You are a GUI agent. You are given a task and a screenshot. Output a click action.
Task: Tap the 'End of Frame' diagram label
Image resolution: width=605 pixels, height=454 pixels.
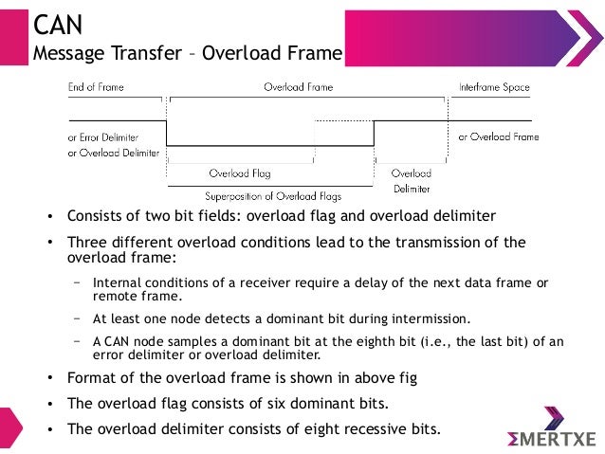coord(96,87)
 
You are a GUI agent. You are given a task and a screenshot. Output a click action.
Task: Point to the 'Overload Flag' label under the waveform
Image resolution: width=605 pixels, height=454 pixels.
coord(240,173)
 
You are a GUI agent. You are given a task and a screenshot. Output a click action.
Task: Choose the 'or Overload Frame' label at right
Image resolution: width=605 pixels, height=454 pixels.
coord(499,136)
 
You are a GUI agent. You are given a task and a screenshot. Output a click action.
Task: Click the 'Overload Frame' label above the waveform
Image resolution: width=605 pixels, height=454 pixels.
coord(298,87)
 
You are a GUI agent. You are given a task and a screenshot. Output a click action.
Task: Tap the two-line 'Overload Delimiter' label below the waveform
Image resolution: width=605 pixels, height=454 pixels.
coord(412,181)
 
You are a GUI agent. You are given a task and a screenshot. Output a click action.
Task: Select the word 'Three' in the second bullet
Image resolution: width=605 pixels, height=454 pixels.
coord(87,242)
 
